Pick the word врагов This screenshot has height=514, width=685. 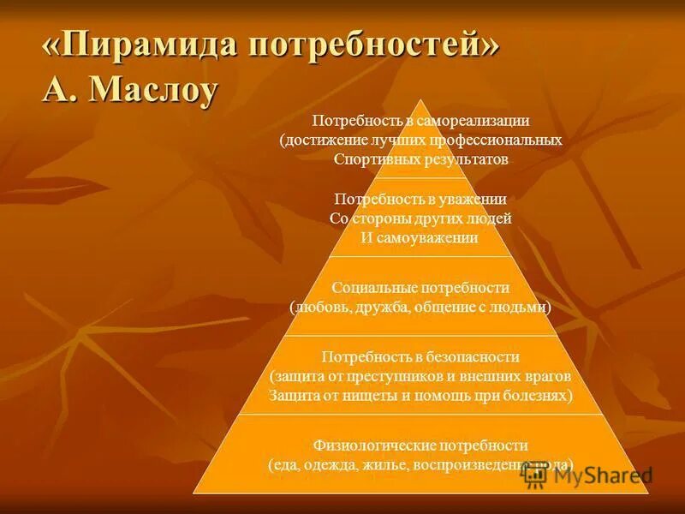pos(547,376)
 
